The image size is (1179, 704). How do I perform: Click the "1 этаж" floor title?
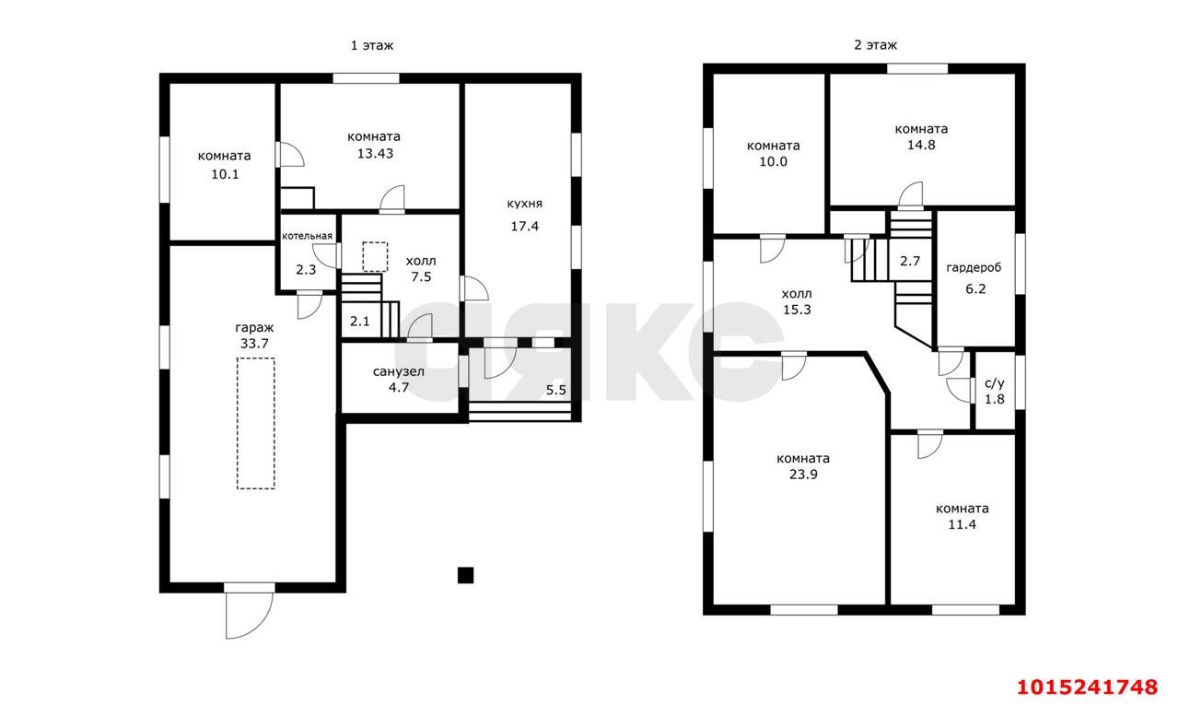coord(371,46)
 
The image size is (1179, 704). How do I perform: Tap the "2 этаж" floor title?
coord(875,45)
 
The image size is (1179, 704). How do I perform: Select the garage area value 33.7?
coord(254,344)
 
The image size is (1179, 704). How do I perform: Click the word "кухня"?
coord(524,204)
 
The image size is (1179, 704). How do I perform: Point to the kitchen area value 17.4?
coord(524,227)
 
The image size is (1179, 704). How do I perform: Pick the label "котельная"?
coord(307,236)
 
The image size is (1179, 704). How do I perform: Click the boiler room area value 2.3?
coord(306,270)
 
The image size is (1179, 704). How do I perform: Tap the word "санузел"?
coord(399,371)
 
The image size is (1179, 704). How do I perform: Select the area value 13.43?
coord(375,154)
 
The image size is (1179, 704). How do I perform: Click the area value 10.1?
coord(225,174)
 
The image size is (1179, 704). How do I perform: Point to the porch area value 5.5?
coord(555,390)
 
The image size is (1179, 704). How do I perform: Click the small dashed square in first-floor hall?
coord(375,257)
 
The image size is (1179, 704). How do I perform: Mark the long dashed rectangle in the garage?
coord(255,423)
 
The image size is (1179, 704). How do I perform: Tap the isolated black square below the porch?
coord(465,576)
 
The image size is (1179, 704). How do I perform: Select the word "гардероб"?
coord(974,268)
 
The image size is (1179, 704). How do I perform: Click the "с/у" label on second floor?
coord(994,383)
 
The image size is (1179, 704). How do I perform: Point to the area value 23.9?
coord(803,475)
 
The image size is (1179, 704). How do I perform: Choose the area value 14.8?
coord(921,145)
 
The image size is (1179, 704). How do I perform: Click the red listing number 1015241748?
coord(1087,687)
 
